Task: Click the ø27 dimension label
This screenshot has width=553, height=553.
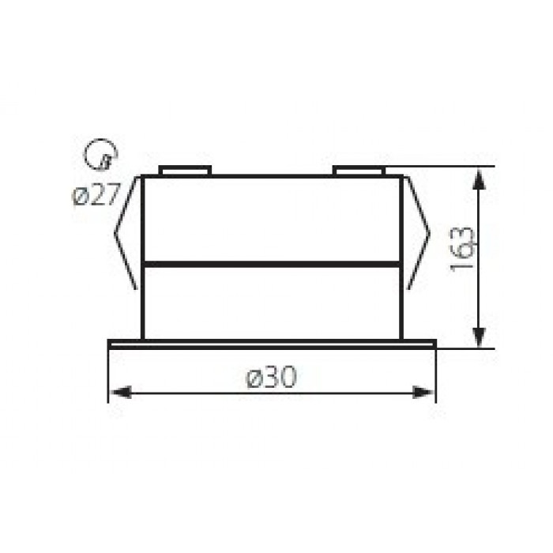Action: tap(96, 194)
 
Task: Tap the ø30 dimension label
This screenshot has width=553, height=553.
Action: tap(272, 377)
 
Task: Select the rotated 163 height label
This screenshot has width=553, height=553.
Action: tap(463, 249)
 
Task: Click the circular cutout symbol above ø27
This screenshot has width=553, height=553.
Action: tap(100, 155)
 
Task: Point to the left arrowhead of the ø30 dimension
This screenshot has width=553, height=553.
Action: tap(120, 392)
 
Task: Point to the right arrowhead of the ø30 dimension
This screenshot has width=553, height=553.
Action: tap(423, 392)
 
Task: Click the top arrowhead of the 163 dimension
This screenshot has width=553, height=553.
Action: tap(479, 180)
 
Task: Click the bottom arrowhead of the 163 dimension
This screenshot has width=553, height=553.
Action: tap(479, 336)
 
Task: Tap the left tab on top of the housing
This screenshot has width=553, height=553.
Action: tap(185, 170)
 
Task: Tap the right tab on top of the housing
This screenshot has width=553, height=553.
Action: tap(359, 170)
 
